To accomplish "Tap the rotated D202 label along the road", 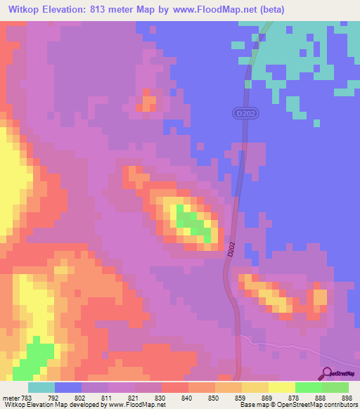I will pos(231,251).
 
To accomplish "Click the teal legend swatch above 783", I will pos(41,387).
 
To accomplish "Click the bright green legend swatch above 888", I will pos(309,387).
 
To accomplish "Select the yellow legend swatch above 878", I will pos(282,387).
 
